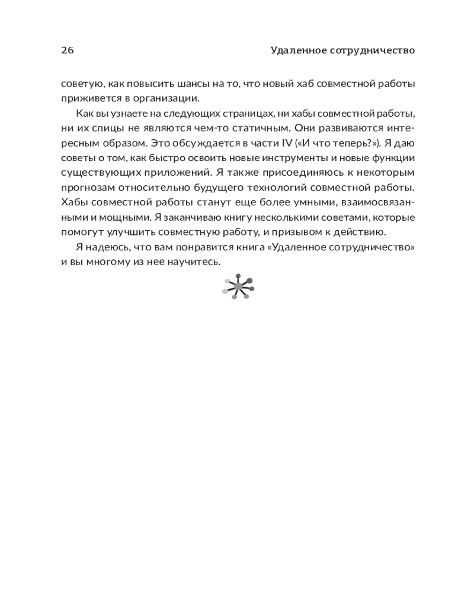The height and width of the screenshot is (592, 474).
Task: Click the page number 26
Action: click(68, 50)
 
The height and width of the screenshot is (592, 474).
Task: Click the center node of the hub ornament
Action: click(238, 287)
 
